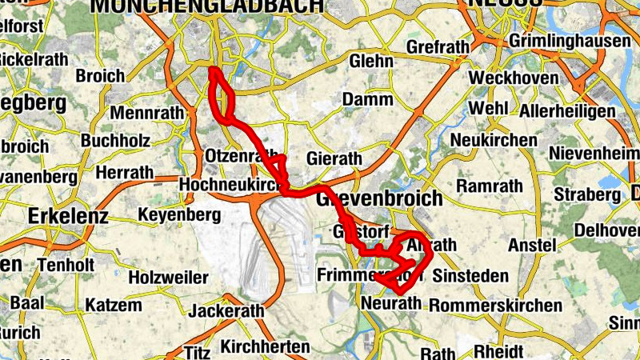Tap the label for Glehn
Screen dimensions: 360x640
[371, 61]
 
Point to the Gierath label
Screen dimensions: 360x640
[334, 158]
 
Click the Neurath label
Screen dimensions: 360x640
[390, 303]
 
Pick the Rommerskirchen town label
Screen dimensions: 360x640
[495, 306]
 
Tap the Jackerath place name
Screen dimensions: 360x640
[228, 310]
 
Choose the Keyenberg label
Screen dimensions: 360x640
[178, 215]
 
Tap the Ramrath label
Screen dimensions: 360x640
[489, 186]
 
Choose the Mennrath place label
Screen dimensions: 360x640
[148, 113]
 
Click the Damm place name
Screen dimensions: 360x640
[367, 100]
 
